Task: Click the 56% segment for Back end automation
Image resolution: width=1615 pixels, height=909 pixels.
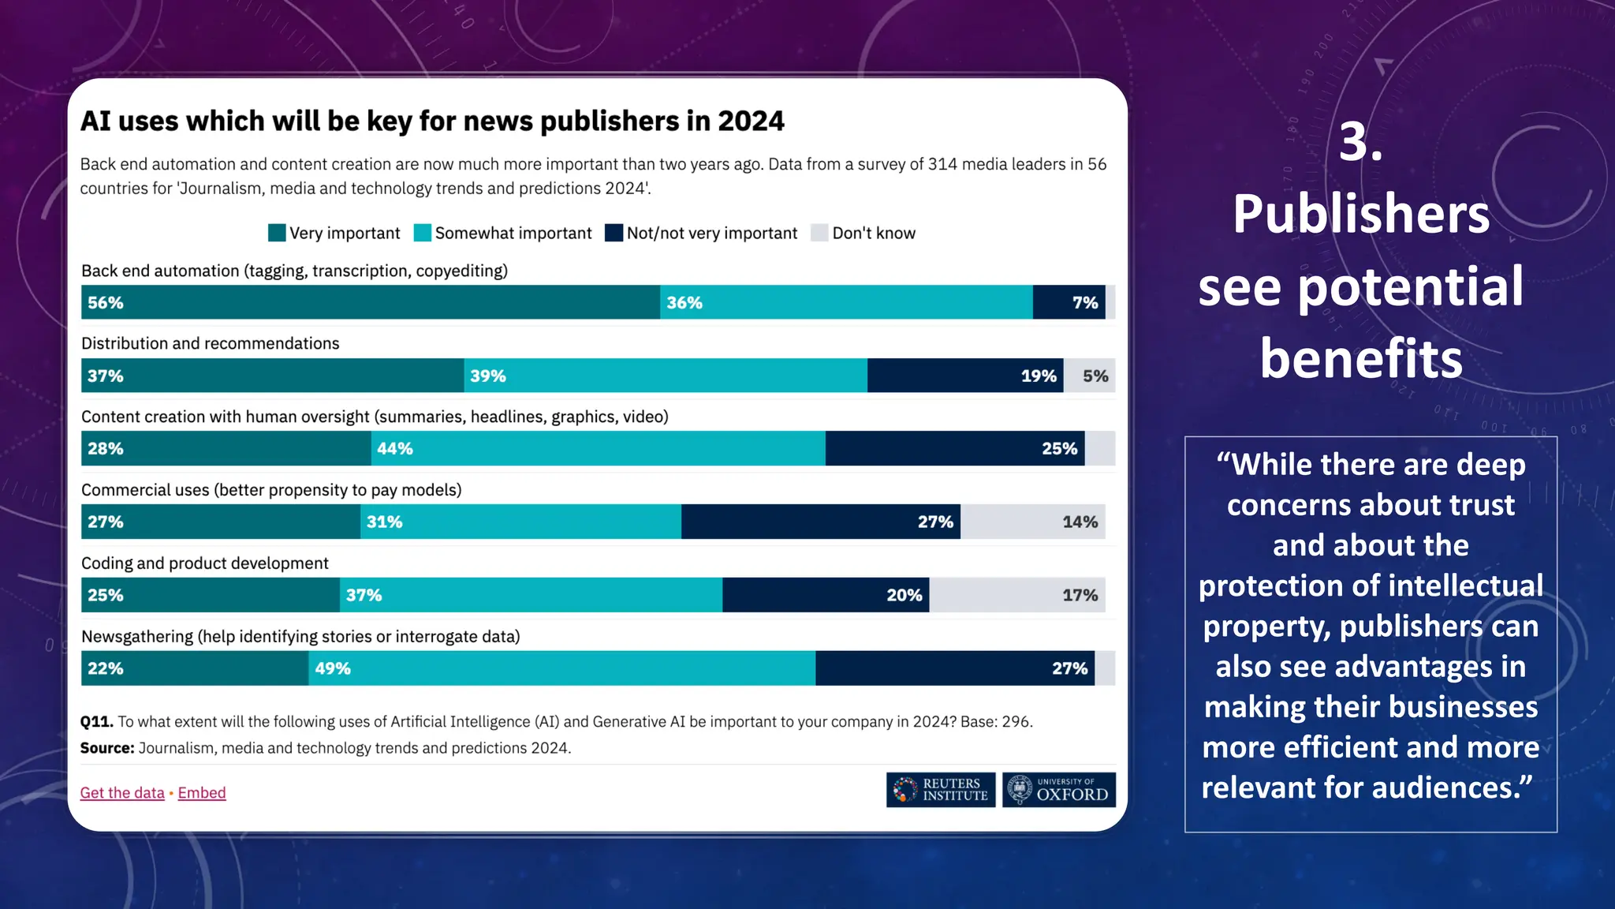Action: tap(370, 302)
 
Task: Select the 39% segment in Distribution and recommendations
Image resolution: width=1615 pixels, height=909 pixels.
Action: tap(665, 376)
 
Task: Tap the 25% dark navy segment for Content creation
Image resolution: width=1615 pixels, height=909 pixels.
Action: tap(954, 448)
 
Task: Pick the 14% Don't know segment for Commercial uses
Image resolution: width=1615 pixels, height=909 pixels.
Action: tap(1032, 522)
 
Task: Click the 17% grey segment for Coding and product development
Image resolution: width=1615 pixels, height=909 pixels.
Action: tap(1016, 595)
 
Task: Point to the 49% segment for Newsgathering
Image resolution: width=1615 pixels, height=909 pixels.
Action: tap(561, 668)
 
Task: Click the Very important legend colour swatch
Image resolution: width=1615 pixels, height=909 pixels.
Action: tap(277, 233)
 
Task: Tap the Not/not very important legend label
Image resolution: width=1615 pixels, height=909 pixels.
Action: tap(711, 233)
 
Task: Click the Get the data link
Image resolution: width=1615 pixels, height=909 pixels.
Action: tap(122, 792)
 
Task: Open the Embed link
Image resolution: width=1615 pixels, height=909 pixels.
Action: tap(202, 792)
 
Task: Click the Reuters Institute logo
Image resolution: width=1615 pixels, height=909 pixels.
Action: tap(940, 789)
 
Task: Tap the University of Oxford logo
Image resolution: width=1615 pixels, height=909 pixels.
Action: tap(1058, 789)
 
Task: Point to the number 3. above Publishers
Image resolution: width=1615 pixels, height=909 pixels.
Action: tap(1360, 143)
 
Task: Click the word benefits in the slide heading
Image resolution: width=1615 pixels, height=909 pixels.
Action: tap(1360, 358)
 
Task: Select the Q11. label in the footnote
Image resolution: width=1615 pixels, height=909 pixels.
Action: tap(96, 721)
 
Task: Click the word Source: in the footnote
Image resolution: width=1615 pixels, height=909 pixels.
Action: tap(107, 747)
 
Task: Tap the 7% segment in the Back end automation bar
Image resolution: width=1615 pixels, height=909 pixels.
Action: tap(1069, 302)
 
